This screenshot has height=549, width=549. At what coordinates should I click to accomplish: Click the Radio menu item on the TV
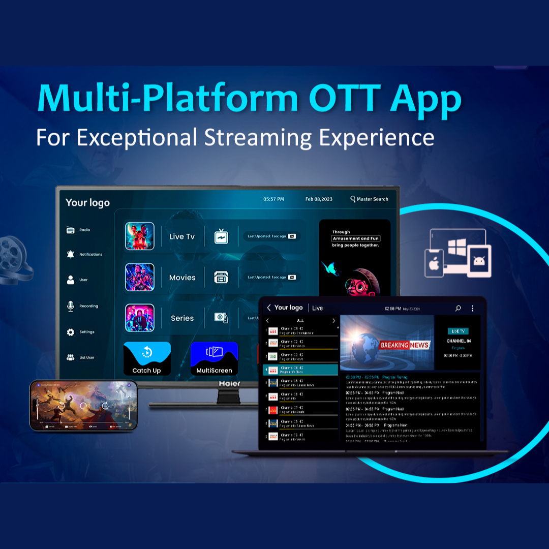click(x=84, y=230)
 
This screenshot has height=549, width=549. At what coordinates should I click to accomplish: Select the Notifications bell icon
click(x=71, y=254)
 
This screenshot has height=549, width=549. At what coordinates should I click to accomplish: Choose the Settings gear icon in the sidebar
click(x=71, y=332)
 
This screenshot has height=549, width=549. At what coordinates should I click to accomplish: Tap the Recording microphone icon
click(x=71, y=306)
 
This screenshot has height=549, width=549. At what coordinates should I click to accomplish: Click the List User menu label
click(x=87, y=357)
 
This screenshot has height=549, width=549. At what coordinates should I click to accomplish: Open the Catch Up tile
click(x=147, y=359)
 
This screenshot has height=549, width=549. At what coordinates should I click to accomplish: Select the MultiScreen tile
click(x=214, y=359)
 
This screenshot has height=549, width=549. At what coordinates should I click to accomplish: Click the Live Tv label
click(x=182, y=236)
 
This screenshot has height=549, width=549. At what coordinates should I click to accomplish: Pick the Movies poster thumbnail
click(x=140, y=277)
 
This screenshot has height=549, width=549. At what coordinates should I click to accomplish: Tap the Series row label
click(x=182, y=318)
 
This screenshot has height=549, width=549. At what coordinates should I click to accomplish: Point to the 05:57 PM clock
click(x=273, y=199)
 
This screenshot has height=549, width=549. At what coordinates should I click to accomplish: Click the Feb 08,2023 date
click(x=319, y=199)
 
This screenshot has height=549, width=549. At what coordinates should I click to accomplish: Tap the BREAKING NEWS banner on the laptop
click(x=405, y=345)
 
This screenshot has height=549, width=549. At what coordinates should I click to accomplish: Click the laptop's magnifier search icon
click(x=458, y=308)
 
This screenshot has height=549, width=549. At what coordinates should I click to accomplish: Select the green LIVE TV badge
click(x=459, y=331)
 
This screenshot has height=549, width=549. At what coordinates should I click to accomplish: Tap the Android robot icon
click(x=478, y=261)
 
